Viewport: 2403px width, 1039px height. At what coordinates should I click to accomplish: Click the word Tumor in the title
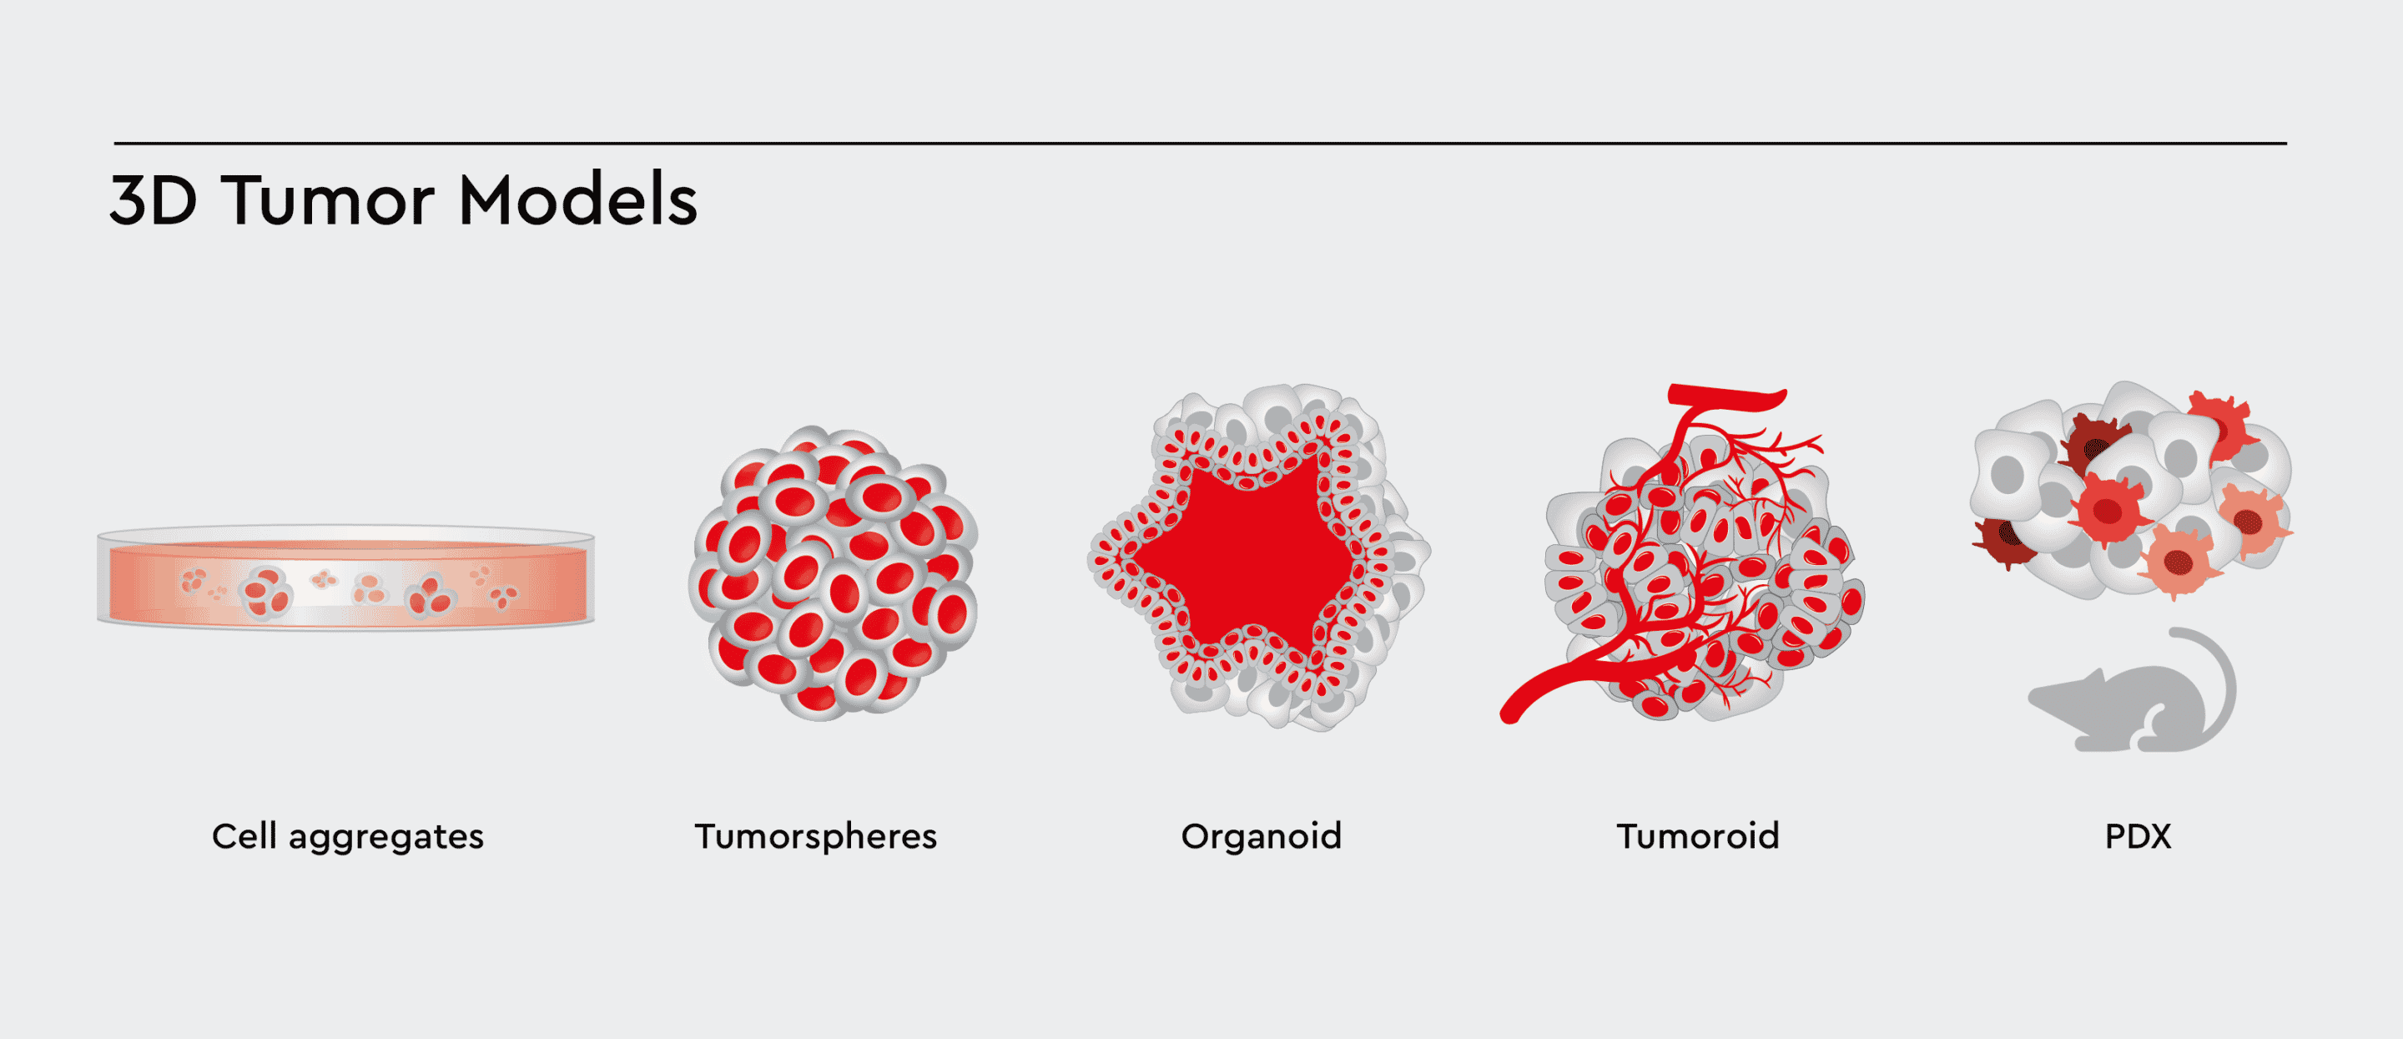tap(329, 200)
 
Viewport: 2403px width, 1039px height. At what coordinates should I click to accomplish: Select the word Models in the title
tap(578, 199)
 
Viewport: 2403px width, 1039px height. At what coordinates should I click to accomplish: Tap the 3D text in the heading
tap(154, 200)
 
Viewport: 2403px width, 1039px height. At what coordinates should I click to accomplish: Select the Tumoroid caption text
tap(1698, 836)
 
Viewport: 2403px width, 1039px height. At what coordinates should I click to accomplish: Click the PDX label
tap(2138, 836)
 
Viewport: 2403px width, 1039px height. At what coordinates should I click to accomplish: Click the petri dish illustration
tap(346, 578)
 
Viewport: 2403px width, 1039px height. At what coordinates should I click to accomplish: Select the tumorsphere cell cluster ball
tap(833, 573)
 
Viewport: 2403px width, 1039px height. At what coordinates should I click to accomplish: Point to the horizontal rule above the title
tap(1201, 144)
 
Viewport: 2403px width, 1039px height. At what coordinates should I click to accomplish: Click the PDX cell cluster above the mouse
tap(2132, 490)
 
